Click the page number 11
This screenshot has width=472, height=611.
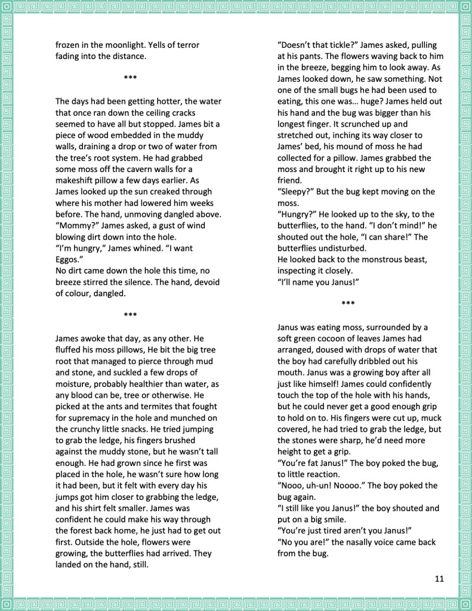(x=439, y=578)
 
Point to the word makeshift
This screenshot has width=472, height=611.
(x=77, y=180)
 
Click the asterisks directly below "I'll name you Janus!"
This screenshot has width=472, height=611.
(x=348, y=304)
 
